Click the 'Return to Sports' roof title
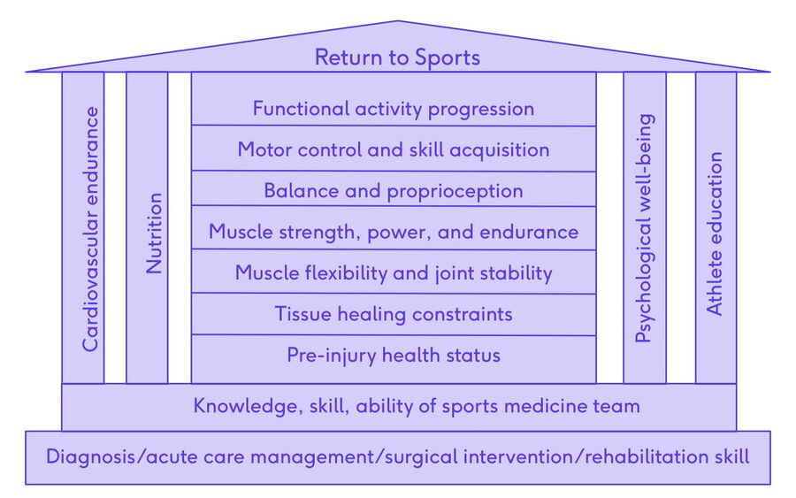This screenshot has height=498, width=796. point(397,58)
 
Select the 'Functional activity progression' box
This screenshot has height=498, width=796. point(394,109)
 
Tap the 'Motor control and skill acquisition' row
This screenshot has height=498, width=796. point(394,149)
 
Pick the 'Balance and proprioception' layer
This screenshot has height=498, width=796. point(394,190)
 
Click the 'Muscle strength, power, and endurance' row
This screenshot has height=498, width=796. point(394,232)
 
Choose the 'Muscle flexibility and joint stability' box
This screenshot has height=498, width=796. point(394,272)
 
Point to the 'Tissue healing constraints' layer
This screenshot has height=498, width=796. point(394,314)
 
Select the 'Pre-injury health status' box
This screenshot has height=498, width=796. point(394,356)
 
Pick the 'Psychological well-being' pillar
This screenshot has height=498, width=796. point(645,228)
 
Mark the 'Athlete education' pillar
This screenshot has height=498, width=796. point(715,234)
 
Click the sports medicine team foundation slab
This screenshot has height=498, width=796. point(398,407)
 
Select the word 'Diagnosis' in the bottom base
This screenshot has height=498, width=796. point(86,457)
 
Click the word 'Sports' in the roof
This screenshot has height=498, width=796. point(446,58)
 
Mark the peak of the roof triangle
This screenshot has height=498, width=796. point(398,21)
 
